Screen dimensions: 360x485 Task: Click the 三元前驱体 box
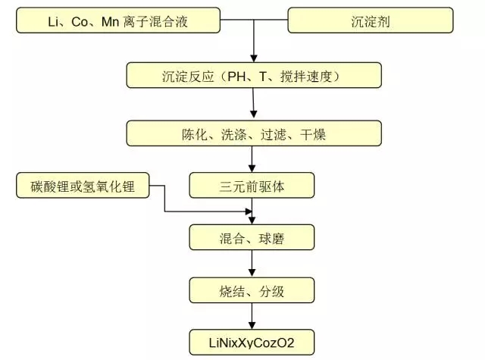(x=251, y=185)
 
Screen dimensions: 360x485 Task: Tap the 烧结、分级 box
(x=251, y=289)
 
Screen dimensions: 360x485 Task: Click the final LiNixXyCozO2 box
(x=251, y=339)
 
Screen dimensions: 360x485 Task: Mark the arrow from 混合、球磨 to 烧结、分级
(x=251, y=265)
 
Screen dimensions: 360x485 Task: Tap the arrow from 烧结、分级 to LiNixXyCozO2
(x=251, y=315)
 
